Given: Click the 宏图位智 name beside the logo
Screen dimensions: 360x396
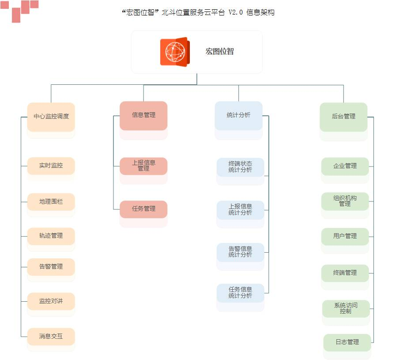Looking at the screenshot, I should [219, 51].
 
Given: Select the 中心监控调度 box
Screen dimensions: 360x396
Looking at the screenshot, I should [51, 117].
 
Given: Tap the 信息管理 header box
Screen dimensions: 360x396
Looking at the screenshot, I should [143, 115].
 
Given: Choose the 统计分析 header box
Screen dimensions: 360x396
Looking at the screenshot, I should [238, 115].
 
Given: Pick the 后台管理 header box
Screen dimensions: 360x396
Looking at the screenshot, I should [343, 117].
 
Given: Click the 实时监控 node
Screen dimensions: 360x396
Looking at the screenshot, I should [51, 166].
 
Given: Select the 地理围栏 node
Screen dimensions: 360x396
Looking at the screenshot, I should [51, 201].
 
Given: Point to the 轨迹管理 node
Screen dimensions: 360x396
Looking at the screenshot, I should [51, 236].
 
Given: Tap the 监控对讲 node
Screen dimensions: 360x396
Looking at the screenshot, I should [51, 301].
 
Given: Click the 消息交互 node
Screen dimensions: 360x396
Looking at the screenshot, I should [51, 336].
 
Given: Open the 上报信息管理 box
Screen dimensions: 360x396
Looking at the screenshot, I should [143, 166].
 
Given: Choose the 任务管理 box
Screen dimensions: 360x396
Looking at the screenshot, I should [143, 209].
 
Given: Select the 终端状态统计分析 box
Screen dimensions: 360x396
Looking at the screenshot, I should [240, 167].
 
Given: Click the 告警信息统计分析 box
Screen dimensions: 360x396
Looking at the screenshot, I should [240, 252].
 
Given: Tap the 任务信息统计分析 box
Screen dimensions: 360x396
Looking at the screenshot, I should [240, 293].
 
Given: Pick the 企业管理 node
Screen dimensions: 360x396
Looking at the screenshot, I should [345, 166].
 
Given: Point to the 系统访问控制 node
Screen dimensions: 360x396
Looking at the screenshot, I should [346, 308].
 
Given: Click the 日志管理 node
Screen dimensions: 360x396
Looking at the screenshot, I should [347, 342].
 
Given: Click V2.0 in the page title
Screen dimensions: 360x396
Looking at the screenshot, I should [235, 13].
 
